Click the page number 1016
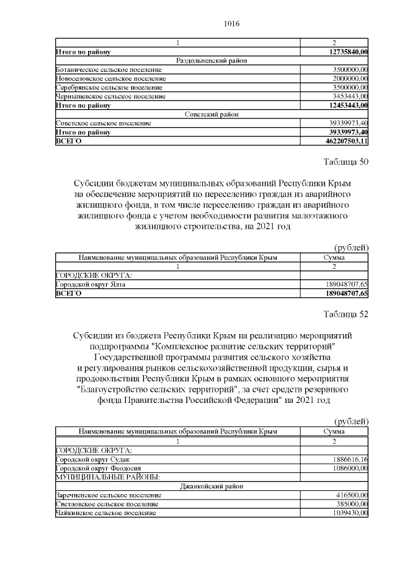[230, 24]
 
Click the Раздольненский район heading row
[210, 61]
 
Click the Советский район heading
[210, 115]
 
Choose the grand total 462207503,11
[343, 141]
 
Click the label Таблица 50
[346, 163]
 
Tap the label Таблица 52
[346, 314]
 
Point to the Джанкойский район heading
[210, 486]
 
